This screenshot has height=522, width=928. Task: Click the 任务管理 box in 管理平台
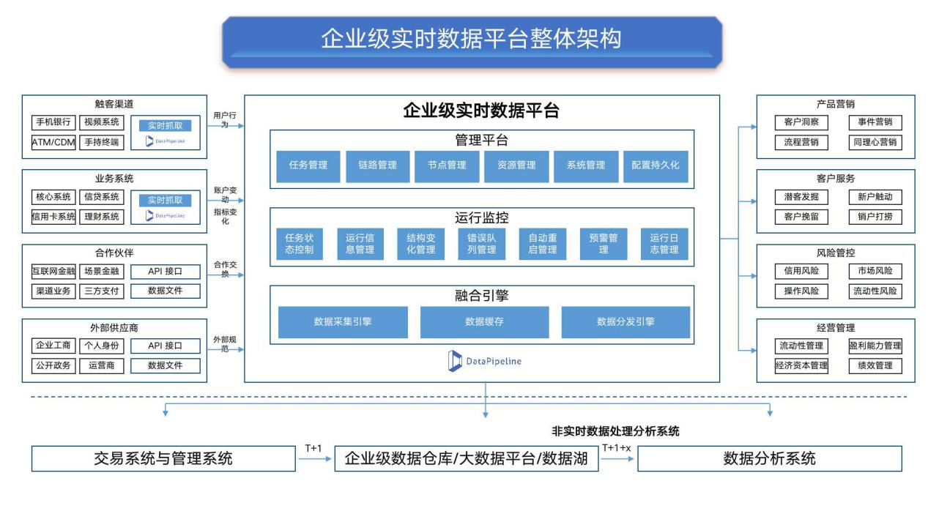[x=308, y=165]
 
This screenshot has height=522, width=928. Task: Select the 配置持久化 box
[x=656, y=165]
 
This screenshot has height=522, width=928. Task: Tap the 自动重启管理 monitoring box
[x=543, y=244]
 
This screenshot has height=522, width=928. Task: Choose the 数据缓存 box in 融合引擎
[x=484, y=321]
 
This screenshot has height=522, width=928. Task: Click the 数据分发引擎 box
[x=626, y=321]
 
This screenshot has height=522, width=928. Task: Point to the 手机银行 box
[x=53, y=122]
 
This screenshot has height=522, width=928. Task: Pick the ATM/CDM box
[x=53, y=142]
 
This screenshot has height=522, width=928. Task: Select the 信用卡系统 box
[x=53, y=217]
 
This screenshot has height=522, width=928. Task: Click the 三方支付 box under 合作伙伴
[x=102, y=291]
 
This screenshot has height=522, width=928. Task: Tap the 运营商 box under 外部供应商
[x=102, y=365]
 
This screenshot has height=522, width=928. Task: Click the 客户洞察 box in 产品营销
[x=801, y=122]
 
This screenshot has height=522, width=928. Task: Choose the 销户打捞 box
[x=875, y=217]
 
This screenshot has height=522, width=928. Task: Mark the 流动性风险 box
[x=875, y=291]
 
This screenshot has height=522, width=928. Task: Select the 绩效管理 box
[x=875, y=365]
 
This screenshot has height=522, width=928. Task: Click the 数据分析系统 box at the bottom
[x=769, y=459]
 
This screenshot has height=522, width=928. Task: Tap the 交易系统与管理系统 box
[x=163, y=459]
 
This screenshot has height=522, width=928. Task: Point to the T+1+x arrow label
[x=616, y=448]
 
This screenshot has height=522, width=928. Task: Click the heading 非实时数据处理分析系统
[x=615, y=431]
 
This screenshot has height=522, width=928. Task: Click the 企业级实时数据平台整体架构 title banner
[x=471, y=40]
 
